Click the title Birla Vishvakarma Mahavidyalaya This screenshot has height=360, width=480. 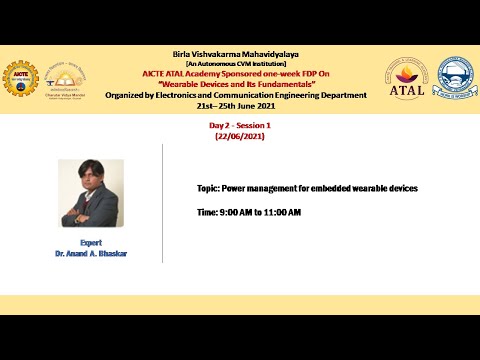[x=239, y=54]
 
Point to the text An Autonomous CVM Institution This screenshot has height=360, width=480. [x=239, y=64]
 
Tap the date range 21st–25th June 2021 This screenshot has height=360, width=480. [x=240, y=106]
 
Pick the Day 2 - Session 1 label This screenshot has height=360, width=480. [x=240, y=125]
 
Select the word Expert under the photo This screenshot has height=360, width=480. [x=91, y=243]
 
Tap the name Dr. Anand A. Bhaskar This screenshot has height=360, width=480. [x=91, y=254]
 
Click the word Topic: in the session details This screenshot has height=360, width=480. [x=208, y=188]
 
